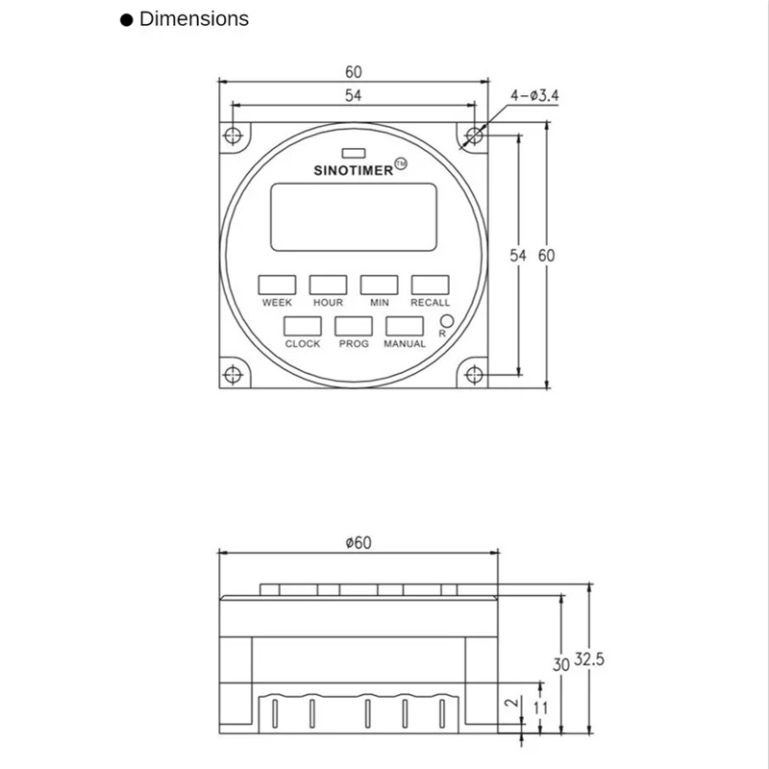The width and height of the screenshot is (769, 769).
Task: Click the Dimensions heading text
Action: click(193, 18)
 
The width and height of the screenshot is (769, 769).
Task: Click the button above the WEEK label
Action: click(277, 285)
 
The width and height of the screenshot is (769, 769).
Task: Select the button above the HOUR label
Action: click(328, 285)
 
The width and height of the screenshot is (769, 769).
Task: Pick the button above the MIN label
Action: click(379, 285)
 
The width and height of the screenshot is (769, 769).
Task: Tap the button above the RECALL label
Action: click(430, 285)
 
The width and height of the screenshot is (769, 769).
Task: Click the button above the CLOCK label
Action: click(303, 326)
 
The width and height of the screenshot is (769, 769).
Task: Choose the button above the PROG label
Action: click(354, 326)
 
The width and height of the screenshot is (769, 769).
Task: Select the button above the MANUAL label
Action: click(405, 326)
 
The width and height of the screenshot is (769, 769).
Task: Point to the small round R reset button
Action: click(446, 321)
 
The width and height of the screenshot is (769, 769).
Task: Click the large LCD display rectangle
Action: click(354, 216)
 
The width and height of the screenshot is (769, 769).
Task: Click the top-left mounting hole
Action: click(233, 136)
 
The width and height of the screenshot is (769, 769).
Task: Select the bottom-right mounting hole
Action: click(474, 374)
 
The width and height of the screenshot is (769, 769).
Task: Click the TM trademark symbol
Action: click(401, 165)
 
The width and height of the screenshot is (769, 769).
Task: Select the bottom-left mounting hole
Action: click(233, 374)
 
